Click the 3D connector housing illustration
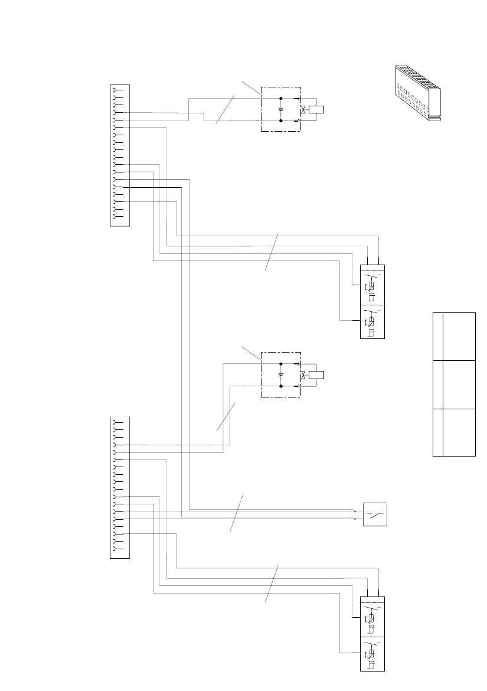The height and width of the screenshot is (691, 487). click(417, 93)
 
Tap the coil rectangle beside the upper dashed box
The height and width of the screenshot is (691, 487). click(317, 109)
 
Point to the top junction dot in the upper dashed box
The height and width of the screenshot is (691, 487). click(280, 98)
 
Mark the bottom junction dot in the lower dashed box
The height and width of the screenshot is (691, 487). click(280, 386)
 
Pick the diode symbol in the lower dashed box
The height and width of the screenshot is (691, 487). click(281, 375)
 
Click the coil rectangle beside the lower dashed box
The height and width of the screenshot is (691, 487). click(317, 374)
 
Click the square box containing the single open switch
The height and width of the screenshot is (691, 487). click(375, 514)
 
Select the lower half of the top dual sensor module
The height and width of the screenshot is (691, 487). click(372, 321)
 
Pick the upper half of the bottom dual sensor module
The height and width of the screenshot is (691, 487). click(372, 617)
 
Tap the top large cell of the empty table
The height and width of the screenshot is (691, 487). click(459, 336)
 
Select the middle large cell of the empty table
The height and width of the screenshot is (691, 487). click(459, 384)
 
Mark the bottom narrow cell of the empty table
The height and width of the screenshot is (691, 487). click(437, 432)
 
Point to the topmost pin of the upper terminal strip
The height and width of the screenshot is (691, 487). click(117, 90)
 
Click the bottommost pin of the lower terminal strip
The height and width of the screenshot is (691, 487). click(117, 549)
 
